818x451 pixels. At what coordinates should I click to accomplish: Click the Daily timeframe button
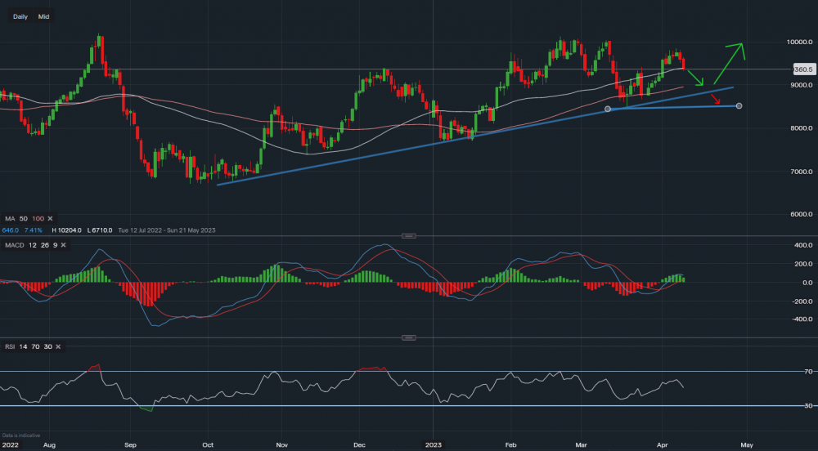(20, 16)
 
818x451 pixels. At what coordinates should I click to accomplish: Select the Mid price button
(43, 16)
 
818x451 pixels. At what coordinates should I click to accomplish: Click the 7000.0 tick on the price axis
(798, 172)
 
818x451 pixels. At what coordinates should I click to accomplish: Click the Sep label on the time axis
(129, 445)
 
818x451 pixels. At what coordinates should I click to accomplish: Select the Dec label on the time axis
(357, 445)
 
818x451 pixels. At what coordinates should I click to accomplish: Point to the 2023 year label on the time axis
(434, 445)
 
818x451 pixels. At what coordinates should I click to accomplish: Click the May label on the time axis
(746, 445)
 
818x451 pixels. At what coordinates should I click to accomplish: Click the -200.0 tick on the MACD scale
(800, 301)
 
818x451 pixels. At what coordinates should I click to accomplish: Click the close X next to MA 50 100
(50, 219)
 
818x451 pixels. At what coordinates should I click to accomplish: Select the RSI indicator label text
(11, 347)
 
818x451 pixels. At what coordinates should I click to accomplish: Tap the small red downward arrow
(716, 100)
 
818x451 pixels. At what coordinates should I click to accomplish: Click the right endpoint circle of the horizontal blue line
(739, 106)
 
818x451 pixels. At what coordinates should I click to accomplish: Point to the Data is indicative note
(21, 435)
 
